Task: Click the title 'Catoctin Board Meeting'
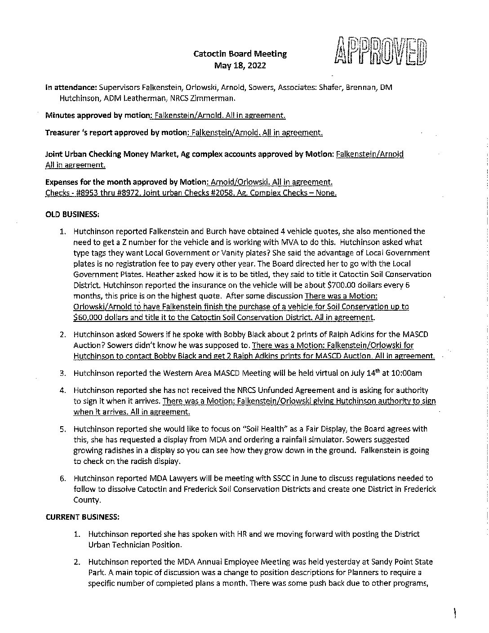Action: tap(240, 54)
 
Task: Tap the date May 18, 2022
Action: tap(240, 66)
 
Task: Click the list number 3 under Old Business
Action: tap(63, 373)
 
